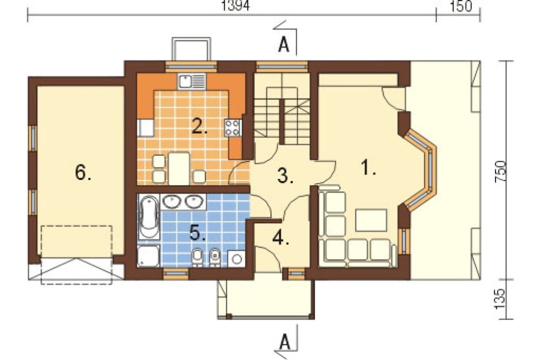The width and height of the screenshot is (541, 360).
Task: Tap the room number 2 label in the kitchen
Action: (x=200, y=126)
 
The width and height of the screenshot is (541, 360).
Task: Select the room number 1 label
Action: (x=368, y=168)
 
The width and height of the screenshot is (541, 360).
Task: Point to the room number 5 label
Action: (x=197, y=233)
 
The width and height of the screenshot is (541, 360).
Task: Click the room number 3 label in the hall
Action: (x=285, y=175)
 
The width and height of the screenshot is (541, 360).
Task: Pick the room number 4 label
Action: (x=280, y=237)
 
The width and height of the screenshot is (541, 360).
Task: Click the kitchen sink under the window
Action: (x=192, y=82)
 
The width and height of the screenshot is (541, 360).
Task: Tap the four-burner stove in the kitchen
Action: (x=232, y=128)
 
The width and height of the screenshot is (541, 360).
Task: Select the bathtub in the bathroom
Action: (x=149, y=217)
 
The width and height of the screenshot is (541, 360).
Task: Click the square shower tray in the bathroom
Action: (x=148, y=256)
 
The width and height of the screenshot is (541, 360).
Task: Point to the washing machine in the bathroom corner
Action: (x=237, y=258)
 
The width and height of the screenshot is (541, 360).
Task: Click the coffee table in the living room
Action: (x=371, y=219)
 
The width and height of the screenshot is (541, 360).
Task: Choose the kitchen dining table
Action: (x=179, y=169)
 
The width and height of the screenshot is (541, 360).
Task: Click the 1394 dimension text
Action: (x=235, y=5)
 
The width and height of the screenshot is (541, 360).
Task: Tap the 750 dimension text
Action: (x=501, y=171)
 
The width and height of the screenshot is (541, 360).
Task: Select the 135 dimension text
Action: (x=500, y=298)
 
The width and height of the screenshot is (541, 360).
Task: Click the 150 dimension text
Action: (x=461, y=6)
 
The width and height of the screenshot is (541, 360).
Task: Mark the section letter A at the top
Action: (x=283, y=45)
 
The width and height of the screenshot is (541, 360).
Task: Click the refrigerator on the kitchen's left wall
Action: (x=146, y=128)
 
